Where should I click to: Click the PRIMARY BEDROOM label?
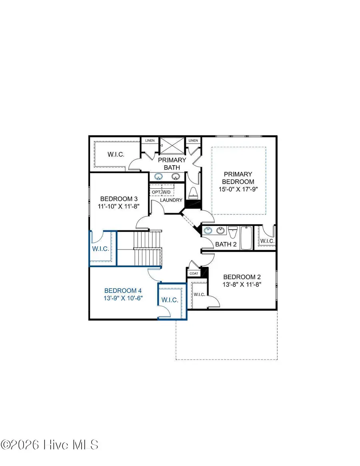238,178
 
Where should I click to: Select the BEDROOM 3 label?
114,199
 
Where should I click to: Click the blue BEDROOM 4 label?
123,290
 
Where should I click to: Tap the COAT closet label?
194,274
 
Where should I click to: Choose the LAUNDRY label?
171,200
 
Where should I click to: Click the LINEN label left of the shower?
150,140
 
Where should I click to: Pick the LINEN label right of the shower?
193,140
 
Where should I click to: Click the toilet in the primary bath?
193,193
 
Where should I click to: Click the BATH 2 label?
226,244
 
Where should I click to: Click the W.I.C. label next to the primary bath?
117,154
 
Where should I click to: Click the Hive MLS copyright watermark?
50,444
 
